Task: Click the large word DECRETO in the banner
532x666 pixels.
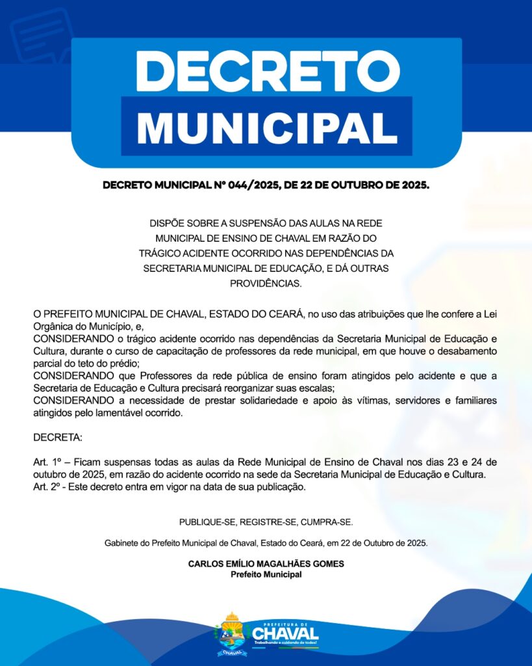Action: coord(266,71)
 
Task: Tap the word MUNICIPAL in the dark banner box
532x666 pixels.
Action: coord(266,126)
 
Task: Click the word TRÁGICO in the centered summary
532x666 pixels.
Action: coord(159,252)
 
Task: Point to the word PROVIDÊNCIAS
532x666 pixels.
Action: coord(266,284)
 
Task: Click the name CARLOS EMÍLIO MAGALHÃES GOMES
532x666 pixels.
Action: coord(266,564)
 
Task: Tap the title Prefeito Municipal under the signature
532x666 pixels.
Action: coord(266,574)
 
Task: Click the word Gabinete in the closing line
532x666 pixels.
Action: coord(121,543)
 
